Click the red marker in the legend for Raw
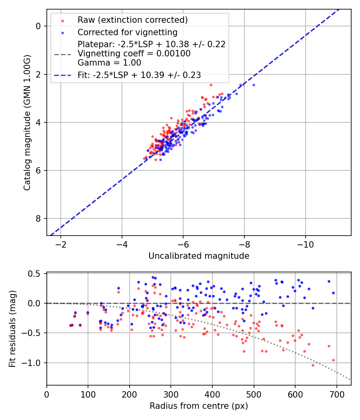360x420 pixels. click(x=62, y=20)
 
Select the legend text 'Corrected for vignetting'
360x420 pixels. click(x=128, y=32)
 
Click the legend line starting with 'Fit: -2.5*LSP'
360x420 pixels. click(x=139, y=75)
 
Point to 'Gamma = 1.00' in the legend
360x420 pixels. click(x=109, y=62)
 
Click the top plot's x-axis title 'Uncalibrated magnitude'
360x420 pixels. click(x=199, y=256)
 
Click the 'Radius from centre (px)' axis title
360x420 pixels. click(x=199, y=406)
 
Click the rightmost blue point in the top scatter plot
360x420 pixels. click(x=254, y=85)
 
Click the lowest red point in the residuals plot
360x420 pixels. click(x=313, y=365)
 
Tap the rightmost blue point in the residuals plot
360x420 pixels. click(x=333, y=293)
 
